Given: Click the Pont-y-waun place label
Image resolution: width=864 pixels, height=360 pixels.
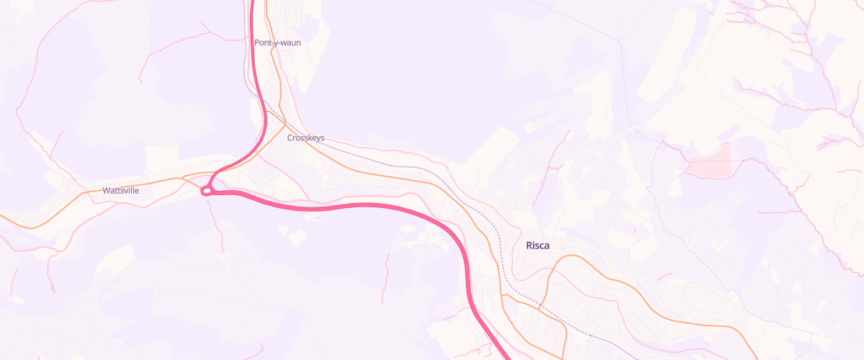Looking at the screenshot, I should click(277, 42).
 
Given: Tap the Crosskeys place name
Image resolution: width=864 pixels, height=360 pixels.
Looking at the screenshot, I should click(306, 138).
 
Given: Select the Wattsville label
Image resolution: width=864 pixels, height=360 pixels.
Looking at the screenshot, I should click(121, 191).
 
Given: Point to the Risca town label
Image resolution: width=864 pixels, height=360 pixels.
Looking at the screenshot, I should click(538, 246).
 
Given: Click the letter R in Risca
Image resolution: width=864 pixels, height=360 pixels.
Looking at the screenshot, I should click(530, 246).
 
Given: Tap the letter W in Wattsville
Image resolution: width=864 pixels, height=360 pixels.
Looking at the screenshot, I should click(107, 191).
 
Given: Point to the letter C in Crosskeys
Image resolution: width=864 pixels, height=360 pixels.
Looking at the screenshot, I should click(290, 138).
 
